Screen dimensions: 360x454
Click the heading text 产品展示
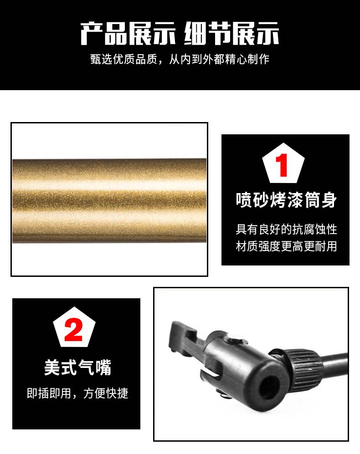tap(128, 33)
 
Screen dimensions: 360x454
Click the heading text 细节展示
tap(231, 33)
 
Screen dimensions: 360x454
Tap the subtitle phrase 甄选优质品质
tap(124, 59)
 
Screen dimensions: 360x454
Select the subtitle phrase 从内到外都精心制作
tap(219, 59)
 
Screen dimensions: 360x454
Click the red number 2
tap(73, 329)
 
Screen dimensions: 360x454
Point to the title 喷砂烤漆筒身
tap(286, 200)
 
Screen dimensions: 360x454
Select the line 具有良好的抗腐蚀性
tap(286, 230)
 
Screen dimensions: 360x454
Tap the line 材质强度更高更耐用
tap(286, 246)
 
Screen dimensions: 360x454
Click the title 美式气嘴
tap(77, 367)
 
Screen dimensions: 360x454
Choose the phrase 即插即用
tap(49, 393)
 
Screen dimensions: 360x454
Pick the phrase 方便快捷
tap(106, 393)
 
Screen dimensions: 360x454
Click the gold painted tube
tap(109, 200)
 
